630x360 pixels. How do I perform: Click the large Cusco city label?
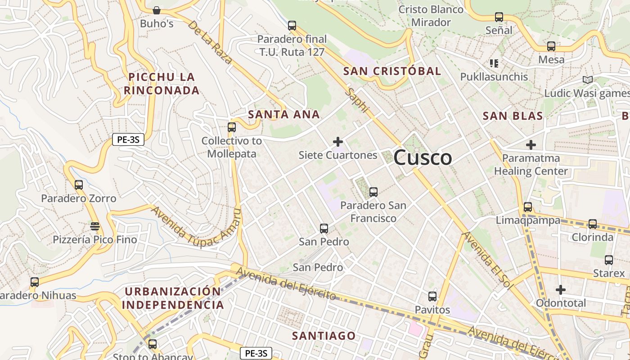point(423,157)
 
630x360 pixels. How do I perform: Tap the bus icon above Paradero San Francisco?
point(373,192)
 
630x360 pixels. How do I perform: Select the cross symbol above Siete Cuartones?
point(338,142)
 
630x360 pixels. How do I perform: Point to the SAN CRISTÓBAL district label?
point(392,71)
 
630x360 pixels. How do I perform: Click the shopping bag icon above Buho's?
point(157,10)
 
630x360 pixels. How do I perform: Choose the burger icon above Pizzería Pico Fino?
point(94,226)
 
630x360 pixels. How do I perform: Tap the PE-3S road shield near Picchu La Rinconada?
point(128,139)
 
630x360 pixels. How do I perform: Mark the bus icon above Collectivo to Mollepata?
point(232,127)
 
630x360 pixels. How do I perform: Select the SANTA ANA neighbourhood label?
point(284,114)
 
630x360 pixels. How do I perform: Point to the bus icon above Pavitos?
point(432,297)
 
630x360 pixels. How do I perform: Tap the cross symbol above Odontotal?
point(560,290)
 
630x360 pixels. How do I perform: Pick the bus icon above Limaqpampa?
point(528,207)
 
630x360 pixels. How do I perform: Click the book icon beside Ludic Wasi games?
point(587,80)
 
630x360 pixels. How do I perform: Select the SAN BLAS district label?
point(513,116)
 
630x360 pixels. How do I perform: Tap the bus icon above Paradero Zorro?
point(79,185)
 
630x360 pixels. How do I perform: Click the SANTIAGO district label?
point(324,336)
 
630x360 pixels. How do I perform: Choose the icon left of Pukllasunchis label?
point(494,63)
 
